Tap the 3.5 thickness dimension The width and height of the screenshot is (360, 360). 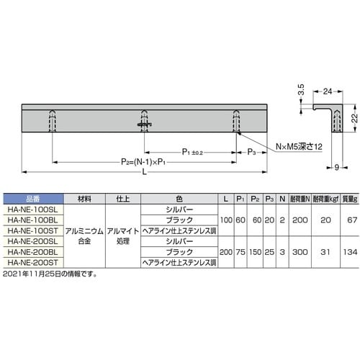click(x=301, y=91)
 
